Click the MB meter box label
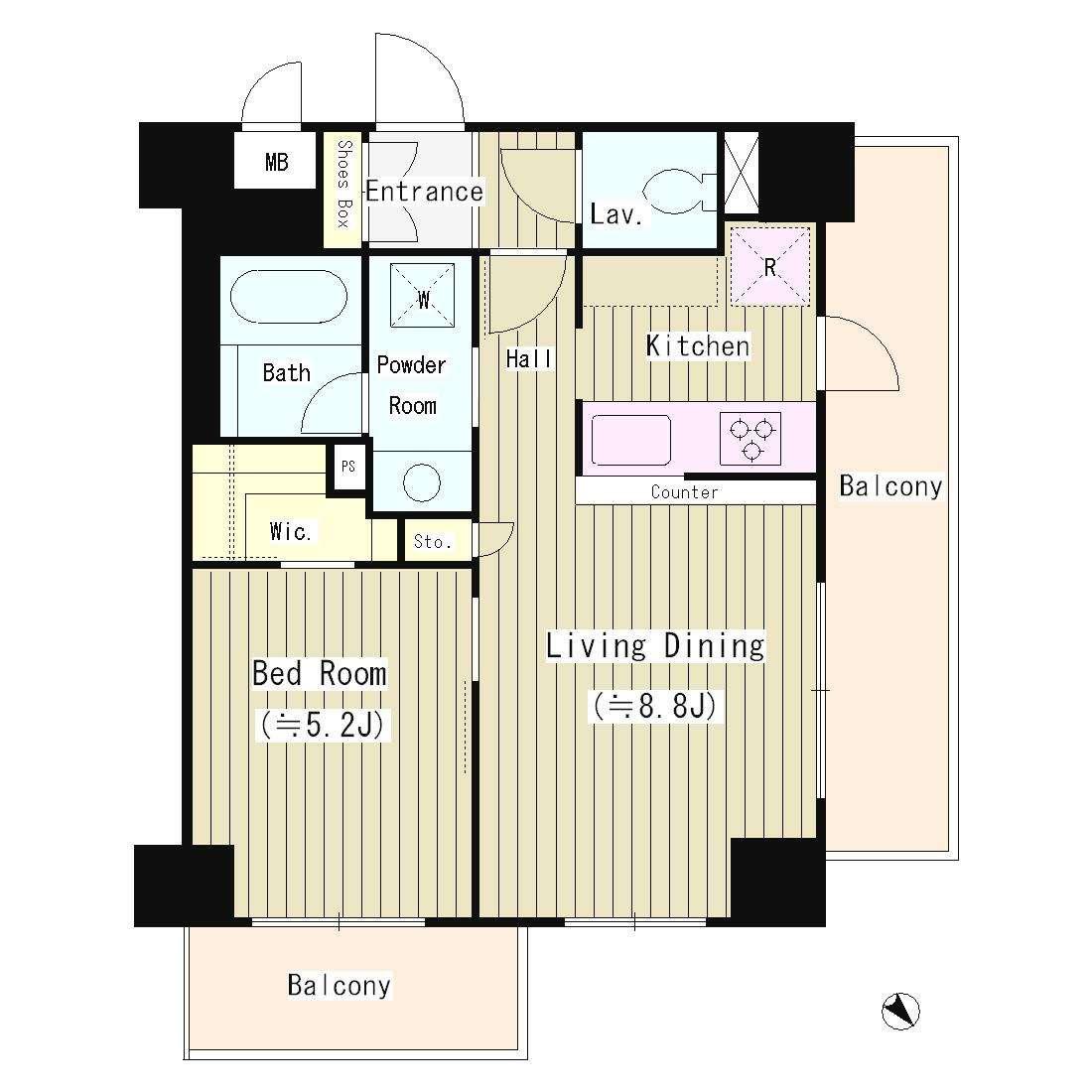coord(277,162)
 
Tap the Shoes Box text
coord(344,184)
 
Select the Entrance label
coord(424,192)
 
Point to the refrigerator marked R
coord(770,267)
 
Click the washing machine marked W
coord(422,295)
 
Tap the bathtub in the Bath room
coord(288,297)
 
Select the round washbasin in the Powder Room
coord(422,481)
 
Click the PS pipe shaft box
coord(348,466)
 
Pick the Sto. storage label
coord(433,541)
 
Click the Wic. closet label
coord(290,532)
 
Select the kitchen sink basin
coord(631,440)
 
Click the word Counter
coord(685,492)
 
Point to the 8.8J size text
coord(655,706)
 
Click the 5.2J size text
coord(323,725)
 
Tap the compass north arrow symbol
coord(900,1011)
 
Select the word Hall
coord(529,359)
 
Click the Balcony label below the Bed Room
coord(340,986)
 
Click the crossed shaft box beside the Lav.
coord(741,172)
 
